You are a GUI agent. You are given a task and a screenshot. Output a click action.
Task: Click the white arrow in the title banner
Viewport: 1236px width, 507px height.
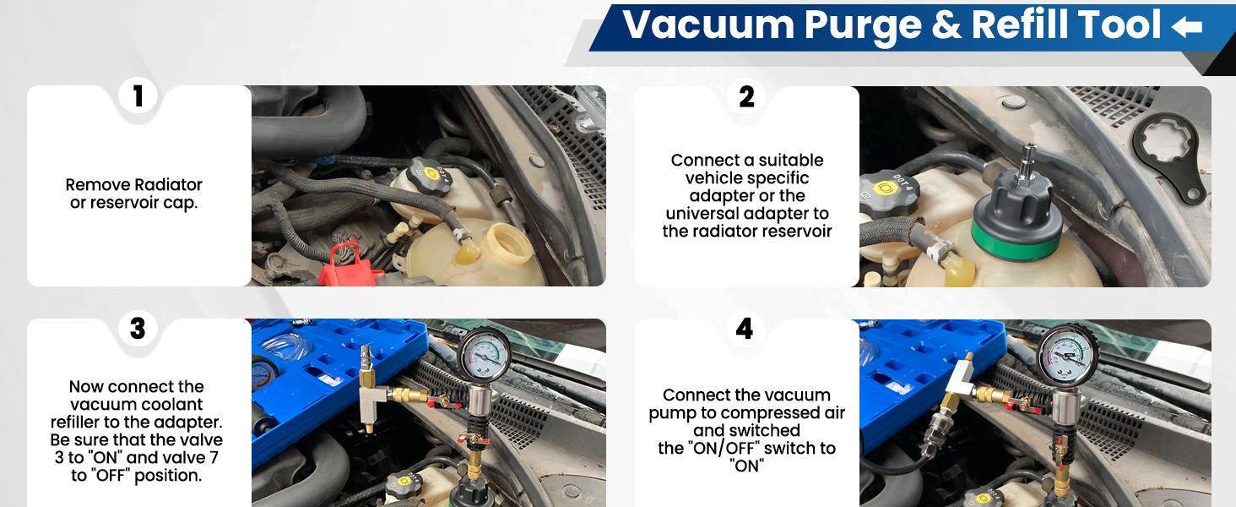1186,26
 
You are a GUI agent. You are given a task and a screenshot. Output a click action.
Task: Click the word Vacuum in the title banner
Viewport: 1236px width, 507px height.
708,25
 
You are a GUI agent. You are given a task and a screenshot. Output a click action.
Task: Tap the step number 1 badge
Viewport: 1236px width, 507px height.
138,95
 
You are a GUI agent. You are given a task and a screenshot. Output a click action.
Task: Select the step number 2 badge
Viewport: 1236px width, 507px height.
746,96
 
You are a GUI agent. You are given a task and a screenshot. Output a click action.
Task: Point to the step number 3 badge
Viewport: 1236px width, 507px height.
138,328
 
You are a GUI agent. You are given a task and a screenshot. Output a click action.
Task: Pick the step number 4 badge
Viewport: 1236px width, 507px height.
745,329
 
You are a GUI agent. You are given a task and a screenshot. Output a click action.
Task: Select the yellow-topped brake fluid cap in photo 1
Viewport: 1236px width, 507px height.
429,176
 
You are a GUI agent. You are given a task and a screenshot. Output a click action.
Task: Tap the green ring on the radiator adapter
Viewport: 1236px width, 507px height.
1016,243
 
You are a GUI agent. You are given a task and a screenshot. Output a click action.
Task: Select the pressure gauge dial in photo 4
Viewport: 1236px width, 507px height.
1068,355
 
